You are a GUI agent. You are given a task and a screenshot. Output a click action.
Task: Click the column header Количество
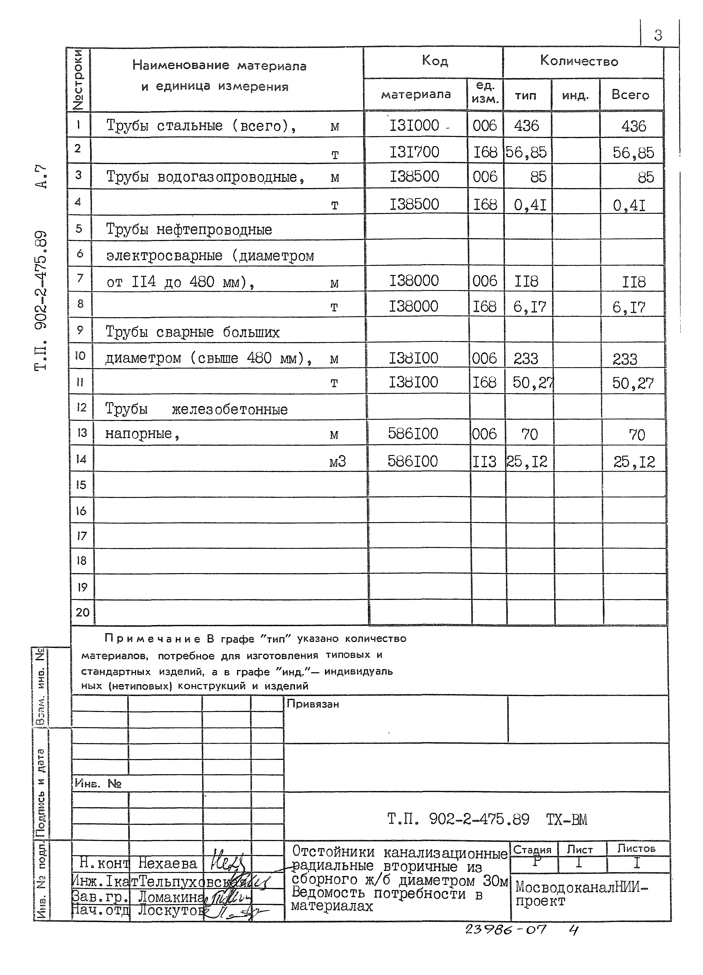[579, 61]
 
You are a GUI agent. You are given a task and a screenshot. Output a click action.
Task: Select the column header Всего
[630, 94]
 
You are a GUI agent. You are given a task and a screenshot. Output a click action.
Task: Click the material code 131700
[414, 152]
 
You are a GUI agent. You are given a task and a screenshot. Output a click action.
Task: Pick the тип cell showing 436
[526, 126]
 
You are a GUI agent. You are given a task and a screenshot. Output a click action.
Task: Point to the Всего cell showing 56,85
[633, 153]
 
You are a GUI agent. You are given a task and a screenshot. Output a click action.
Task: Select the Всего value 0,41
[629, 205]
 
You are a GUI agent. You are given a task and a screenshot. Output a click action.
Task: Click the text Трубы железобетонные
[196, 409]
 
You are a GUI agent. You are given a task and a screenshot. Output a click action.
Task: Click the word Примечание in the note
[152, 639]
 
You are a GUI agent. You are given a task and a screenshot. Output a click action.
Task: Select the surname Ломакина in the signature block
[170, 897]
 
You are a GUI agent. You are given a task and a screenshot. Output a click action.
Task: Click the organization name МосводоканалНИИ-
[581, 887]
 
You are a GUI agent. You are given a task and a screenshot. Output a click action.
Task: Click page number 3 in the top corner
[658, 35]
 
